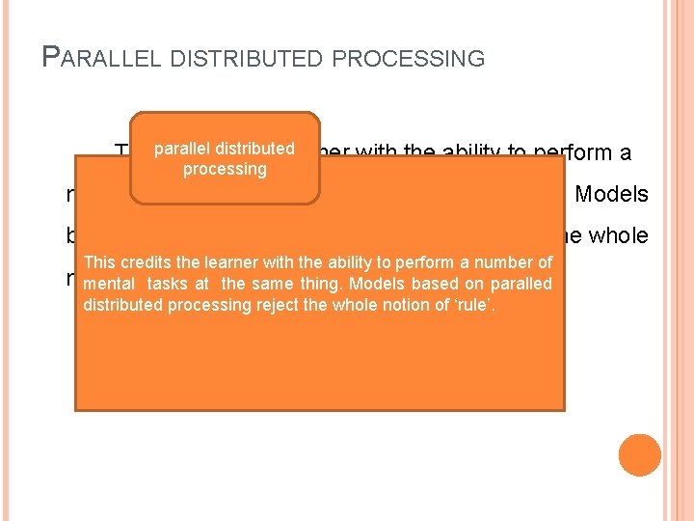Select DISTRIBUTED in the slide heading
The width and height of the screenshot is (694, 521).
[x=249, y=59]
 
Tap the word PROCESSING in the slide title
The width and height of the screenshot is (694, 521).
[x=409, y=59]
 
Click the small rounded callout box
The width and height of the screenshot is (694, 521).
[x=225, y=158]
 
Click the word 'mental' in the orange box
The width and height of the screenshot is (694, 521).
[x=109, y=284]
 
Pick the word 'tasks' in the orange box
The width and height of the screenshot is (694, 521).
[x=168, y=284]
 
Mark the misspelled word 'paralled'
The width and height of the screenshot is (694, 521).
[x=521, y=284]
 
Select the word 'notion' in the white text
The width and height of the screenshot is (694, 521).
[x=398, y=305]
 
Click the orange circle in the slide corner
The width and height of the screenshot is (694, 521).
[x=640, y=455]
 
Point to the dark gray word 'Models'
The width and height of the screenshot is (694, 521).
[x=611, y=194]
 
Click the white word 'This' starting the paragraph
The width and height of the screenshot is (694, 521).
[x=99, y=263]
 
